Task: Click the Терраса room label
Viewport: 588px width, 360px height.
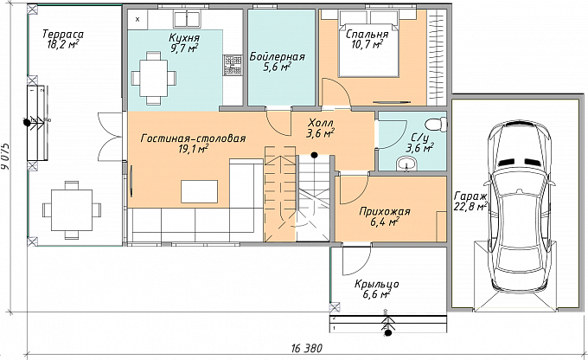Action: (x=62, y=34)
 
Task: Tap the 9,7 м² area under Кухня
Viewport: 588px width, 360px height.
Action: (x=184, y=48)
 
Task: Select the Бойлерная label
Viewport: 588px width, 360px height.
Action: (x=277, y=57)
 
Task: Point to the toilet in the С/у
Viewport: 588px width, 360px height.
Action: (x=438, y=124)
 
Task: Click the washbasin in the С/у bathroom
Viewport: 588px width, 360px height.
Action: (x=407, y=164)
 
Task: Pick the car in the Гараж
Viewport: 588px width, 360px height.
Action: (x=520, y=206)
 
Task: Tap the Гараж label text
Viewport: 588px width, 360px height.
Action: (x=470, y=196)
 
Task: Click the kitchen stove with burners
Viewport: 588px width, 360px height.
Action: (x=233, y=64)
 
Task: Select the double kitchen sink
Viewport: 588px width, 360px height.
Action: (x=187, y=17)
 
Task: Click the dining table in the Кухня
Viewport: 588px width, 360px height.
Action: (x=154, y=78)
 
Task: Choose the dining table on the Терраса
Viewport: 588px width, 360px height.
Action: (x=72, y=210)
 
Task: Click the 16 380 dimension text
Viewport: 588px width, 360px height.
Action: (x=306, y=349)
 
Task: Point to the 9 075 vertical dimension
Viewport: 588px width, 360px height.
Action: (x=6, y=157)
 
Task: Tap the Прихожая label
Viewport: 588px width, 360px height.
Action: (x=385, y=211)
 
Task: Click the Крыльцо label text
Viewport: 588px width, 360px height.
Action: (x=377, y=284)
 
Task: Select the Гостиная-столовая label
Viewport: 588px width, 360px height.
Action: (x=193, y=138)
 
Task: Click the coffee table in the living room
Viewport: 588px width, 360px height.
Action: (x=200, y=191)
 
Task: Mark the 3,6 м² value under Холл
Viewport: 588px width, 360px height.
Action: (x=320, y=133)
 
